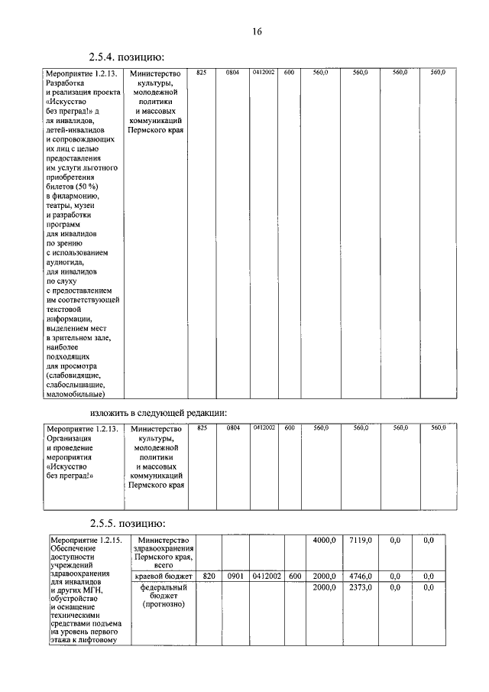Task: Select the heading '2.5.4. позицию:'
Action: click(126, 57)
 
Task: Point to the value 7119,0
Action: click(361, 541)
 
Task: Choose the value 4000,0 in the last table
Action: click(324, 541)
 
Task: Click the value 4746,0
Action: click(361, 576)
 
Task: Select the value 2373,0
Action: click(361, 587)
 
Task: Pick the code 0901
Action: click(235, 576)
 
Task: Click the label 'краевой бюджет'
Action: click(161, 576)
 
